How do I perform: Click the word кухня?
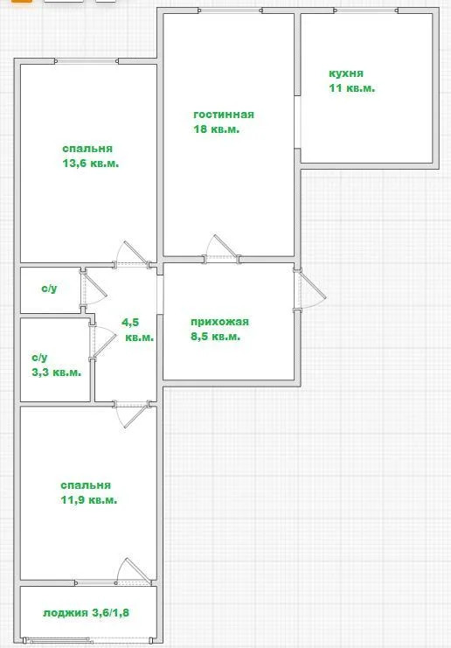(346, 74)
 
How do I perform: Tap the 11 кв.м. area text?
(352, 88)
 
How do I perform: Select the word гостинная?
(224, 115)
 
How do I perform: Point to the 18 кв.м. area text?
(217, 129)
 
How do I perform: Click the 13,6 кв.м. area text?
(91, 164)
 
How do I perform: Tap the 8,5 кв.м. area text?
(215, 336)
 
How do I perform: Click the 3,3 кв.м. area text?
(56, 373)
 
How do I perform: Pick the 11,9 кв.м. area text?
(89, 500)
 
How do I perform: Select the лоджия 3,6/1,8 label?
(86, 612)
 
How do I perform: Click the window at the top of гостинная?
(229, 11)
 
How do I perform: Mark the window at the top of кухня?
(368, 11)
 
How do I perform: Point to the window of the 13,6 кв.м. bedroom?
(86, 61)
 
